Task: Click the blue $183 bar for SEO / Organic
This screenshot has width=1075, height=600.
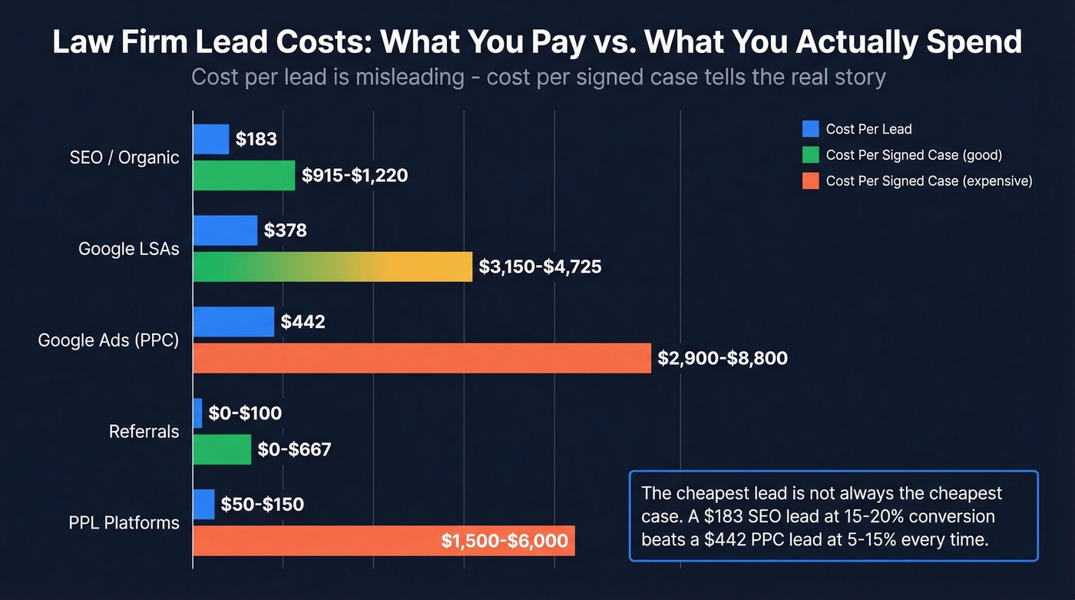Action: (x=211, y=139)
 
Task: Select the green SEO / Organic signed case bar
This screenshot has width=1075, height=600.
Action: (x=243, y=175)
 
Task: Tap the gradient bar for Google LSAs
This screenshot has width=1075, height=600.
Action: (x=332, y=267)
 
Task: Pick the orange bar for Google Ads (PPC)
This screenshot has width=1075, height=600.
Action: (x=422, y=358)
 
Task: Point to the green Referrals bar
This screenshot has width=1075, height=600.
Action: (x=222, y=449)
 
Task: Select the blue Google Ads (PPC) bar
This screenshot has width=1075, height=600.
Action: (x=233, y=322)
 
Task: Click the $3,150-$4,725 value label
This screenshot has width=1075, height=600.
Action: (x=540, y=267)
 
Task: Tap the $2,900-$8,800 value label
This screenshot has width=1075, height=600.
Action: (x=723, y=358)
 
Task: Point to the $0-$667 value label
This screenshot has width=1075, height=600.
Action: (x=294, y=449)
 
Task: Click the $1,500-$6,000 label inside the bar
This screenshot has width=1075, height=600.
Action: (x=504, y=541)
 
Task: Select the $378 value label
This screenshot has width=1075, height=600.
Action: (x=285, y=230)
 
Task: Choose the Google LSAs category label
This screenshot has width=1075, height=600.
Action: (x=128, y=249)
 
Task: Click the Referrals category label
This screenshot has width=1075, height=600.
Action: (x=144, y=432)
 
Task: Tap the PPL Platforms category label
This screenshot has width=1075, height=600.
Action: (x=124, y=523)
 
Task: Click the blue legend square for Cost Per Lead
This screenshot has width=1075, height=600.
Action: (x=811, y=129)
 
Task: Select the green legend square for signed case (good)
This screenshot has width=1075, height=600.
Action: (x=811, y=155)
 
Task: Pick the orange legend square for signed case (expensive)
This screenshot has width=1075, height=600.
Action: (x=811, y=181)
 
